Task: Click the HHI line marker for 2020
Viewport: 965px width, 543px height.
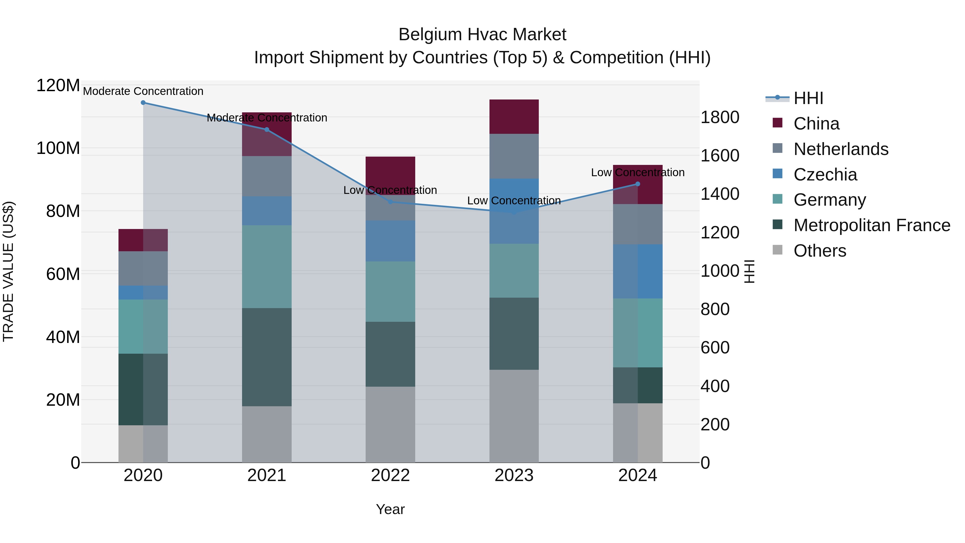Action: [x=143, y=103]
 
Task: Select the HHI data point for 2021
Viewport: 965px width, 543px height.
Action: [x=267, y=130]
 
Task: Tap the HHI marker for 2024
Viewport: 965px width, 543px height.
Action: [x=638, y=184]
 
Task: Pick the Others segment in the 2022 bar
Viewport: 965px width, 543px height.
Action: [x=390, y=424]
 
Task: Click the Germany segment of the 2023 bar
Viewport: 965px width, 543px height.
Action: [x=514, y=271]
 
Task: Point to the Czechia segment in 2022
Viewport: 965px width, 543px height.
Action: [x=390, y=241]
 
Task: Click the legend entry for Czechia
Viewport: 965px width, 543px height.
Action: [x=825, y=175]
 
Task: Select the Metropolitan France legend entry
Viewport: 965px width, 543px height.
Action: [x=871, y=225]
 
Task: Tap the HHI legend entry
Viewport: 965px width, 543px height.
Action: [x=808, y=98]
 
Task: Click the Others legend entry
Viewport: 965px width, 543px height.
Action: [x=820, y=251]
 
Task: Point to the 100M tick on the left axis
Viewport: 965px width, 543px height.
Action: [x=58, y=148]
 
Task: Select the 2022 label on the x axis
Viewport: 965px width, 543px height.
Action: [x=390, y=475]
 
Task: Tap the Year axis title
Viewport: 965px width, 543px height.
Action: [x=390, y=509]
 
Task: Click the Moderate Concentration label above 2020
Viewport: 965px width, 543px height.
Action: [x=143, y=91]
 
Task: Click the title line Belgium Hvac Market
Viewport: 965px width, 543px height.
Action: [x=482, y=35]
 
